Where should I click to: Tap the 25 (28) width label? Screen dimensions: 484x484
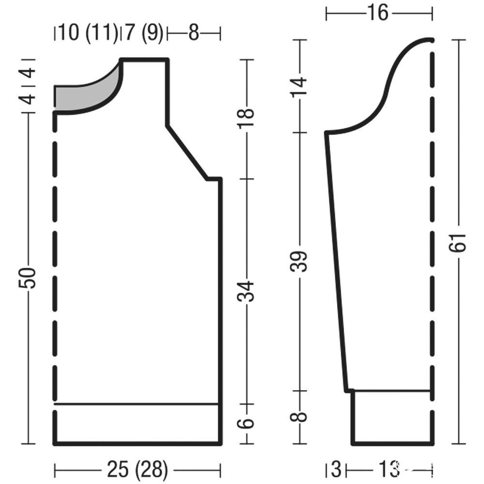coord(137,469)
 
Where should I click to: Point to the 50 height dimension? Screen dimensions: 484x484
coord(27,278)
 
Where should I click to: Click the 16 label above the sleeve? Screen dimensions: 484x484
coord(378,13)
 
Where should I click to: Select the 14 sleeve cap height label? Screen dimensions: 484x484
coord(299,87)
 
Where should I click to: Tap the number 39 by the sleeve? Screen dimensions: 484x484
coord(299,261)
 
